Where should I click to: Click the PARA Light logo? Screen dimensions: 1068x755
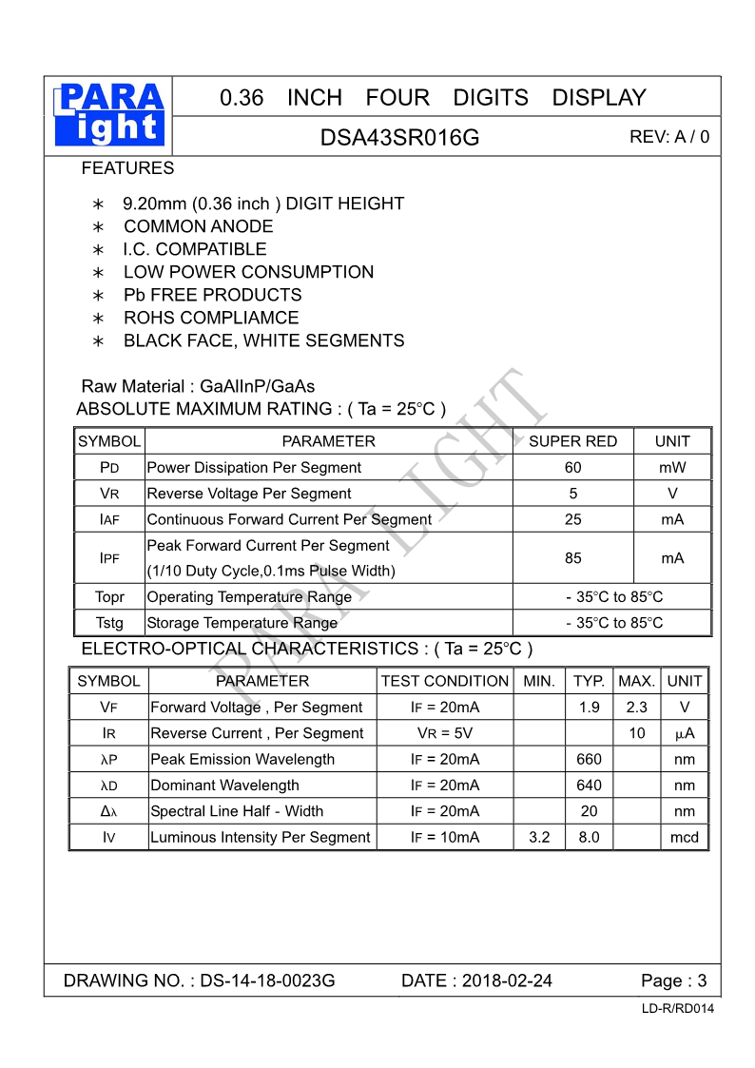click(x=110, y=115)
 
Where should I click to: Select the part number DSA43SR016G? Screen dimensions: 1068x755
click(x=399, y=138)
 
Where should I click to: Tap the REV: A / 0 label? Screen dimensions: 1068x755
click(x=669, y=137)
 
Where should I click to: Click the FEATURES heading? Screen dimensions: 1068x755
click(x=127, y=168)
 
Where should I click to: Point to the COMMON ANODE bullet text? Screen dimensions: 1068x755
click(x=198, y=226)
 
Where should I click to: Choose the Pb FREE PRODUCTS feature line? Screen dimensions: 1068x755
click(x=212, y=295)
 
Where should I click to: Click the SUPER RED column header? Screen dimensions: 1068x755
click(x=572, y=441)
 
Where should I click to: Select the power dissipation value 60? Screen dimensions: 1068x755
click(x=572, y=467)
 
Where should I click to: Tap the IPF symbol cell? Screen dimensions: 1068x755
click(x=109, y=558)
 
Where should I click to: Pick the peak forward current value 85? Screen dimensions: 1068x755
click(x=572, y=558)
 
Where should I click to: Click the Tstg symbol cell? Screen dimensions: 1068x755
click(x=109, y=623)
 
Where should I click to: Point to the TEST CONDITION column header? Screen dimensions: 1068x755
click(x=444, y=681)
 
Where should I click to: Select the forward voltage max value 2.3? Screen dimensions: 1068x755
click(x=637, y=708)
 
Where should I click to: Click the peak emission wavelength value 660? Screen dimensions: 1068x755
click(x=590, y=759)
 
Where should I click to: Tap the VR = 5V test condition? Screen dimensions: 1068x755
click(x=444, y=733)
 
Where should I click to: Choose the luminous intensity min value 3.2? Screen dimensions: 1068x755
click(x=539, y=837)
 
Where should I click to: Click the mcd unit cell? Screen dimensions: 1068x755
click(x=685, y=837)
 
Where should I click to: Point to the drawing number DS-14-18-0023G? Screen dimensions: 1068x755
click(x=267, y=981)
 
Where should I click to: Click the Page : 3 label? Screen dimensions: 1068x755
click(x=674, y=981)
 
